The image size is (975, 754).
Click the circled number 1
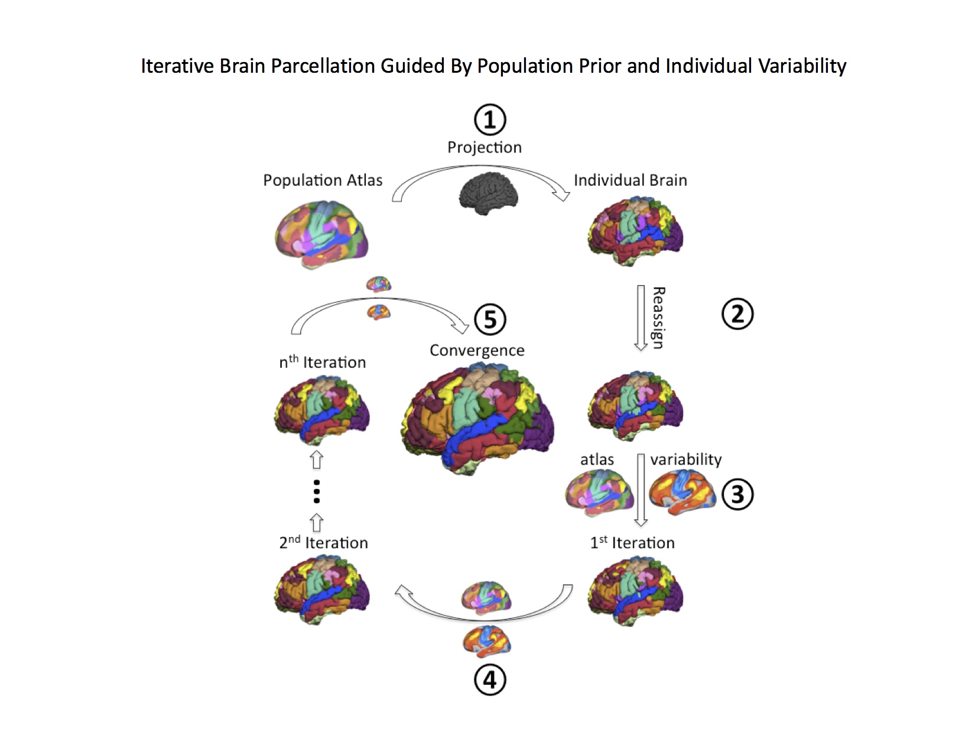(490, 119)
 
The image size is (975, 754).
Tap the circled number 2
(737, 314)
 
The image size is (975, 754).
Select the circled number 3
(737, 494)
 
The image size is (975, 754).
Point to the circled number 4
(490, 680)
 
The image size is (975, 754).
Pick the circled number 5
(490, 319)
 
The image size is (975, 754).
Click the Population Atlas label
(323, 180)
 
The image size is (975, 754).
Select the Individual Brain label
(630, 180)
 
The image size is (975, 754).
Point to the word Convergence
(477, 351)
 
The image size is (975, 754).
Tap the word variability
(685, 459)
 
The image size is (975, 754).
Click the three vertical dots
(317, 491)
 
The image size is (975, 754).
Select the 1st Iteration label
(632, 543)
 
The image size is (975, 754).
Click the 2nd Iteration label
(323, 543)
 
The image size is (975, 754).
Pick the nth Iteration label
(322, 362)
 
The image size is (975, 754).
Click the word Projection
(485, 147)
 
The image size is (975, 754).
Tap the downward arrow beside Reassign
(641, 318)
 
